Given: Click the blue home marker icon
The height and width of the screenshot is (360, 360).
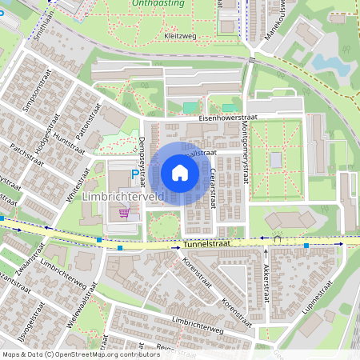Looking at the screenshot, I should coord(180,172).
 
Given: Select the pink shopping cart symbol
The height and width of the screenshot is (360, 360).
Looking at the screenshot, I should coord(124,212).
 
